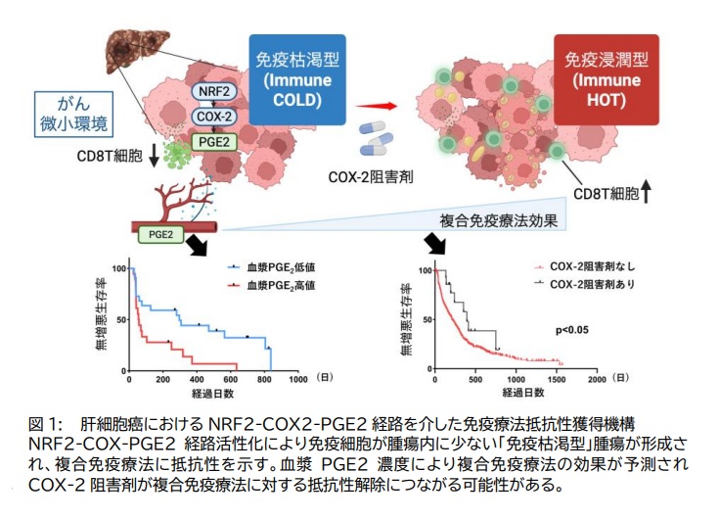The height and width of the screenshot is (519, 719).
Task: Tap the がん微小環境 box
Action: coord(69,114)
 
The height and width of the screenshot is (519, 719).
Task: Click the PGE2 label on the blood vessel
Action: coord(158,233)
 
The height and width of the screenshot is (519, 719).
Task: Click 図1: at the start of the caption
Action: coord(45,424)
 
